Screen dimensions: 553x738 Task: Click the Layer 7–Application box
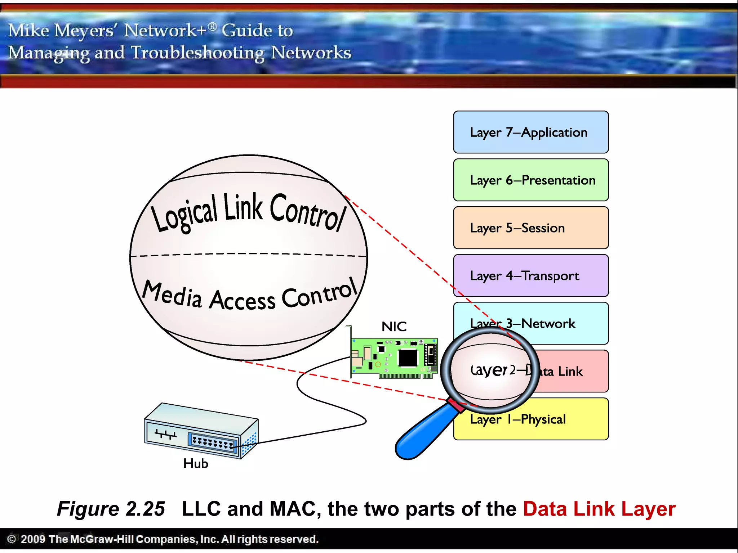[530, 132]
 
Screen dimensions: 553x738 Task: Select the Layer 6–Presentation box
[530, 180]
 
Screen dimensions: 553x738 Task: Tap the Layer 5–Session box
[530, 228]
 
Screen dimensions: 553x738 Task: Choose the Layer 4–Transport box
[530, 276]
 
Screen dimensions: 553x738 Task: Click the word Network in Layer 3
[548, 324]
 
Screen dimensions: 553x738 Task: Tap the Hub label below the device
[196, 464]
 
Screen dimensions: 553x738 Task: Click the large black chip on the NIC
[408, 358]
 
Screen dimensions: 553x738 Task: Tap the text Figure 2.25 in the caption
[111, 509]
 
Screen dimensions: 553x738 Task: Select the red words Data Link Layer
[599, 509]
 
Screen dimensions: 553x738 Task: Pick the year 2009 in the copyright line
[33, 539]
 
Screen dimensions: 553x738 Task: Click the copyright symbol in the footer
[12, 539]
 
